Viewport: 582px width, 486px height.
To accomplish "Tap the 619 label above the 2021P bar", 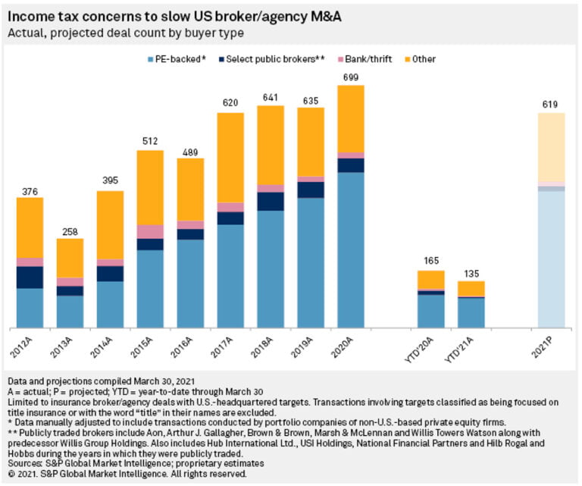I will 551,105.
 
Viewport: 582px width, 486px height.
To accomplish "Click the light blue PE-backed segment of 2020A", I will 351,250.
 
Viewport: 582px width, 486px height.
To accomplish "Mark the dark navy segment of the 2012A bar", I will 30,277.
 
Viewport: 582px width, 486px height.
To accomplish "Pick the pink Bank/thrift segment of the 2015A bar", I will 150,231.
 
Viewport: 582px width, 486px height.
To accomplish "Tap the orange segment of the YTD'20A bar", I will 431,280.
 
